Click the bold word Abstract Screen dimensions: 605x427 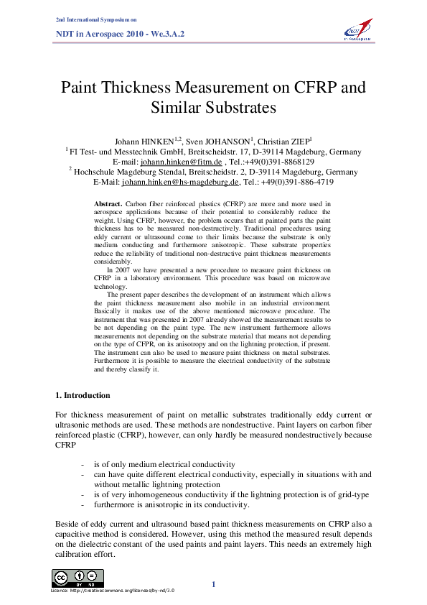click(x=108, y=205)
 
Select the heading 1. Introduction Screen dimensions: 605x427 click(x=83, y=395)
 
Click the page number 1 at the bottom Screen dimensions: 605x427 click(x=213, y=584)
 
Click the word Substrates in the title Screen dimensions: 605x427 click(x=213, y=108)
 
